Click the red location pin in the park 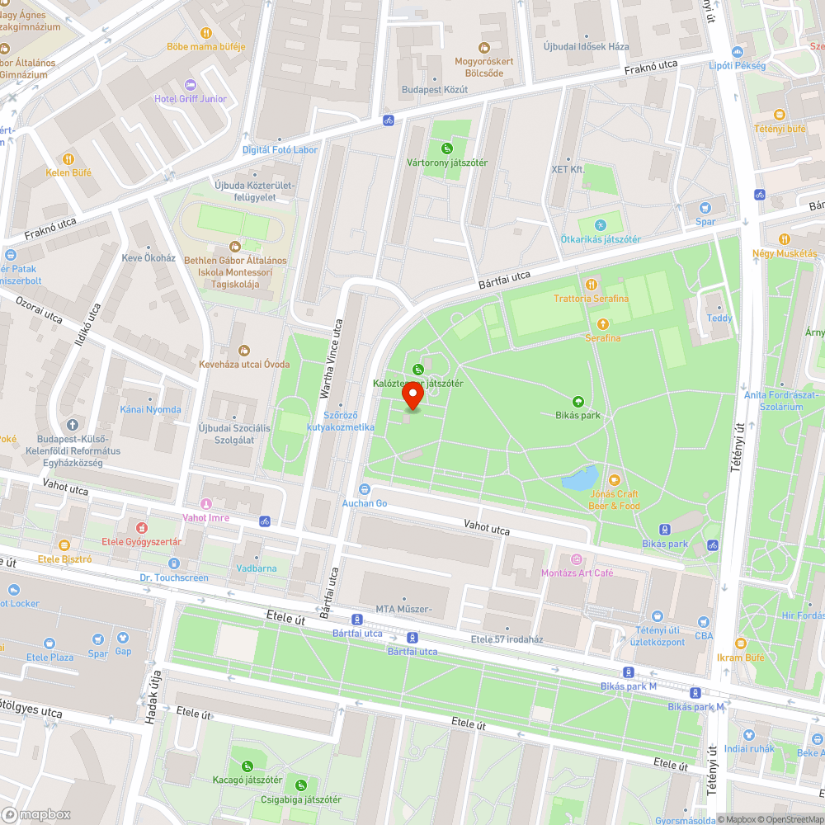(x=412, y=397)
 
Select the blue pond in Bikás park (x=581, y=477)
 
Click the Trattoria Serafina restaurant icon (x=591, y=285)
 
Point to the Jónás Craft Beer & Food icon (x=614, y=479)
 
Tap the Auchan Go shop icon (x=365, y=489)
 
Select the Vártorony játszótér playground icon (x=446, y=149)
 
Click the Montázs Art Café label (x=577, y=573)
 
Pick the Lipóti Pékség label (x=737, y=65)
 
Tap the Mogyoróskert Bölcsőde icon (x=484, y=47)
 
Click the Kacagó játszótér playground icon (x=247, y=766)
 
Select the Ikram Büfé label (x=740, y=658)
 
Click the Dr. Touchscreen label (x=174, y=577)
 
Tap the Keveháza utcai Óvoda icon (x=243, y=351)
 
